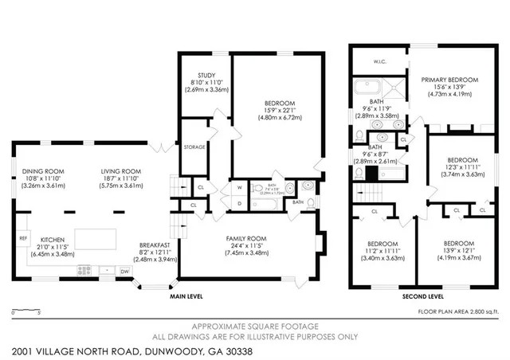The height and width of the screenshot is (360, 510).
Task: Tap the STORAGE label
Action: pyautogui.click(x=194, y=147)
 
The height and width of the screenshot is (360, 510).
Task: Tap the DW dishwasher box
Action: pyautogui.click(x=124, y=272)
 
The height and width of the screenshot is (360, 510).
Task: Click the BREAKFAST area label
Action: pyautogui.click(x=152, y=245)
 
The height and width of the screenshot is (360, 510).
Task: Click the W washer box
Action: pyautogui.click(x=239, y=188)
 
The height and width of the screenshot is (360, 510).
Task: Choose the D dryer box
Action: pyautogui.click(x=239, y=203)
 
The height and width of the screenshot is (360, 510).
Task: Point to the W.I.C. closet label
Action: pyautogui.click(x=379, y=61)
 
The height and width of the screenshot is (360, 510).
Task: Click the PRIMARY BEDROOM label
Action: pyautogui.click(x=450, y=80)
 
